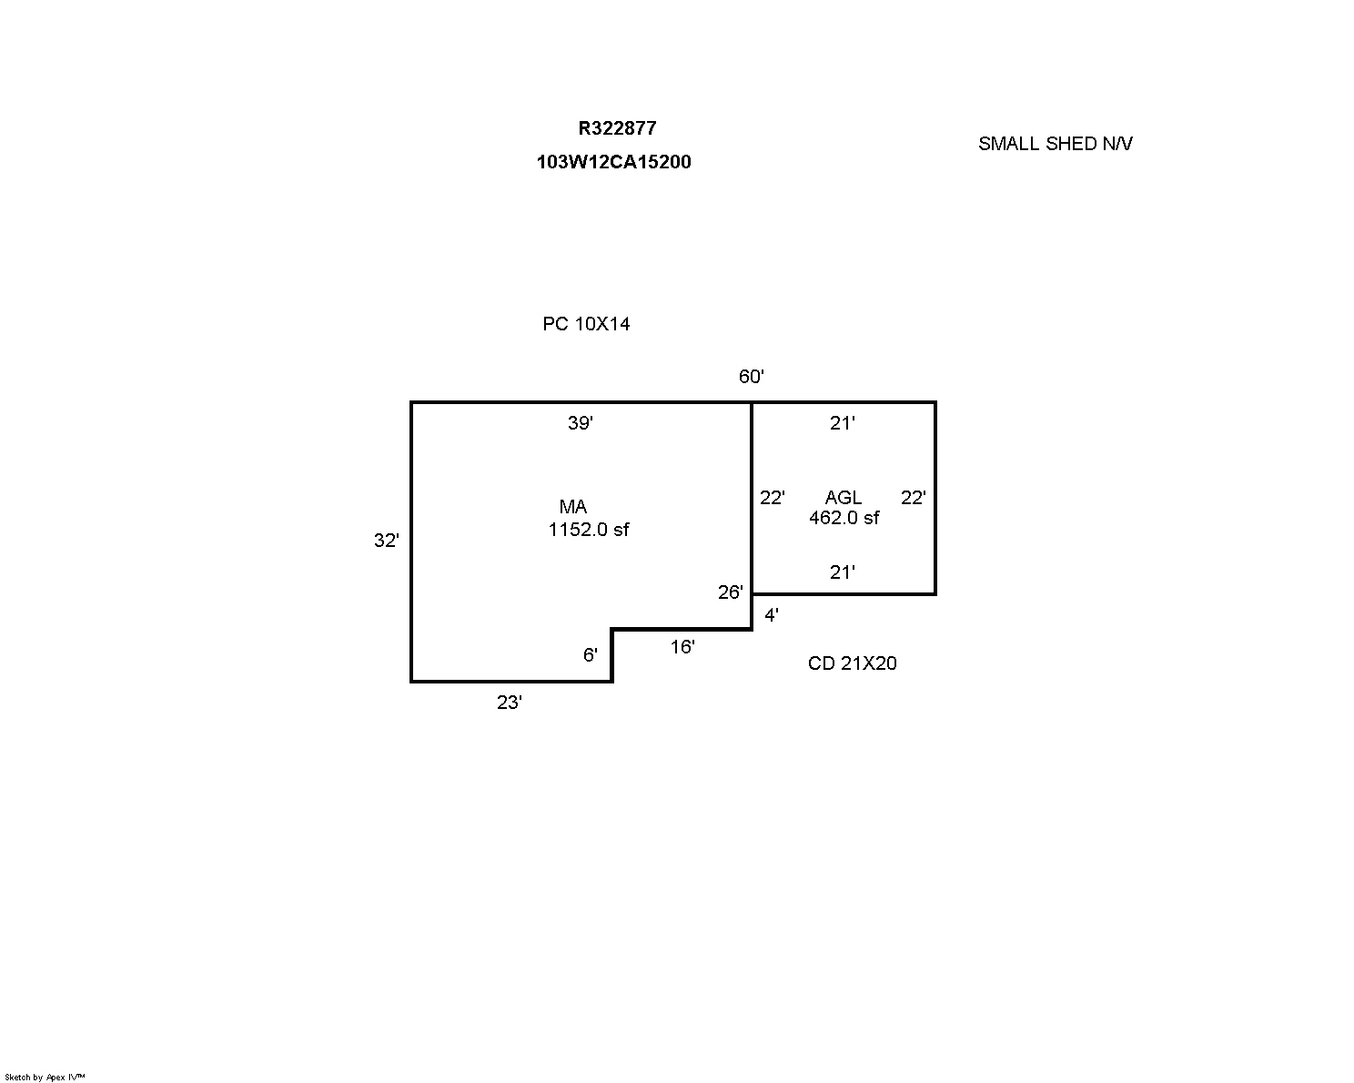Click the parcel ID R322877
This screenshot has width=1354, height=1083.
(x=617, y=128)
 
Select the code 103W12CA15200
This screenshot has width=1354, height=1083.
(x=613, y=162)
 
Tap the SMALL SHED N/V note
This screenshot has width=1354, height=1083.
(x=1056, y=144)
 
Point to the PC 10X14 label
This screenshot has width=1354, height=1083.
(x=586, y=324)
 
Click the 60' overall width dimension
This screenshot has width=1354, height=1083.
(x=752, y=376)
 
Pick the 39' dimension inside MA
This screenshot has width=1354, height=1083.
(x=581, y=423)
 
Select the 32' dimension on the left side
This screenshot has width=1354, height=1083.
(x=387, y=541)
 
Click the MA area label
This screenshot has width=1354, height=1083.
(x=572, y=507)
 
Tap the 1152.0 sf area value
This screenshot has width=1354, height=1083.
(x=589, y=530)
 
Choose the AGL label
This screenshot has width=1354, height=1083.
(x=844, y=498)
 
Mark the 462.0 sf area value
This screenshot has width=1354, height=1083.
(x=844, y=518)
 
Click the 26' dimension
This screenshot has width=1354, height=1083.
(x=731, y=592)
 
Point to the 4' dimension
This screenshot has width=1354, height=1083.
(x=772, y=615)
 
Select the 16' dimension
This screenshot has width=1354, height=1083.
(x=682, y=647)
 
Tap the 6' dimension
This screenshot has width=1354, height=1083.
(x=591, y=655)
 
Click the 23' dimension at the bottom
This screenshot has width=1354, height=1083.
(x=509, y=703)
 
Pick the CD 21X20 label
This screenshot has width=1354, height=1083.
(x=852, y=663)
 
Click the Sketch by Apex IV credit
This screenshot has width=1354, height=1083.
(x=45, y=1078)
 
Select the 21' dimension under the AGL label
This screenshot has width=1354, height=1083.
(x=842, y=572)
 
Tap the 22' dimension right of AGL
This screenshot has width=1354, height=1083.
(x=913, y=498)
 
